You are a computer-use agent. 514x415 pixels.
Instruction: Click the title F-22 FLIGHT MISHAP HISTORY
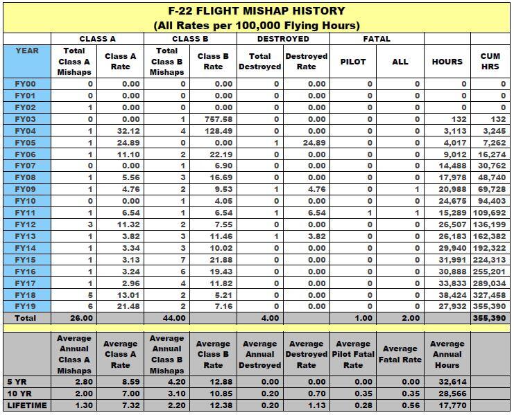coord(257,11)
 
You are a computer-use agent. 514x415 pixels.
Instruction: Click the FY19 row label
coord(25,306)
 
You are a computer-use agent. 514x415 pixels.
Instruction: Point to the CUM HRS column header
coord(490,61)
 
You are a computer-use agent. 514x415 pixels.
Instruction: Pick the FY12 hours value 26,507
coord(447,224)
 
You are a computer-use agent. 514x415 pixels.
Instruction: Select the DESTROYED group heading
coord(283,39)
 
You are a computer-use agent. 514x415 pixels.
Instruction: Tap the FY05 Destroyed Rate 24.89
coord(306,143)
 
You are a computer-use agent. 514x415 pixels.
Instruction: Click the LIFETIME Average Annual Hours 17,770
coord(447,405)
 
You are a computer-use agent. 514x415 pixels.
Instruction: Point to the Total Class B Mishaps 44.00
coord(166,318)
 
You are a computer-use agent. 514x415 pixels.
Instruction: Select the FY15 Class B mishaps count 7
coord(183,259)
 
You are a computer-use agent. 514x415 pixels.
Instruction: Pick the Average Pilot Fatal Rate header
coord(353,353)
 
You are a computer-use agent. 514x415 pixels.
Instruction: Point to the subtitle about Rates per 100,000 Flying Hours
coord(257,26)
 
